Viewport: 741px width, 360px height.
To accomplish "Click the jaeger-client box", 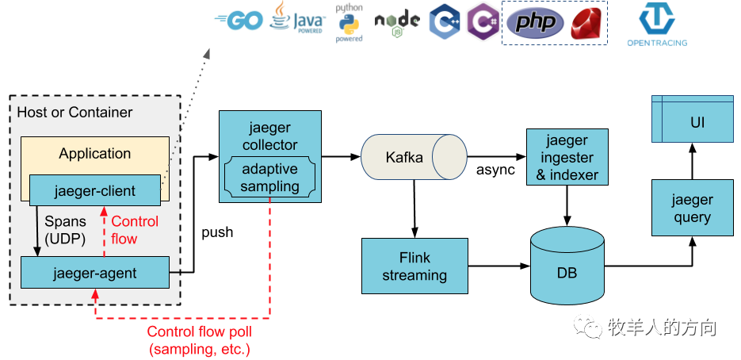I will (x=94, y=191).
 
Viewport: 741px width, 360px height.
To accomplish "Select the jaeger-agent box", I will (x=94, y=273).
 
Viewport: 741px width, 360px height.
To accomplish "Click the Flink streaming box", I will (x=414, y=266).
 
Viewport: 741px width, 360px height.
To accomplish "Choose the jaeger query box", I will (x=692, y=208).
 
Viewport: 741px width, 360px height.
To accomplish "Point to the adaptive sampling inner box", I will (x=270, y=178).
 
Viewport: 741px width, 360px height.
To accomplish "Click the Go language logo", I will (x=239, y=21).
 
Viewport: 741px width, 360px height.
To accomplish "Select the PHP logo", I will (x=535, y=22).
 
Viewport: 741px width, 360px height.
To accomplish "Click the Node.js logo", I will (x=397, y=25).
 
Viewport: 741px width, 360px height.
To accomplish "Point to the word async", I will (x=495, y=170).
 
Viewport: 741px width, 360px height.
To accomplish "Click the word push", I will (x=217, y=233).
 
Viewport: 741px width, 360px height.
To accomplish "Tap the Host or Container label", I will (x=74, y=113).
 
